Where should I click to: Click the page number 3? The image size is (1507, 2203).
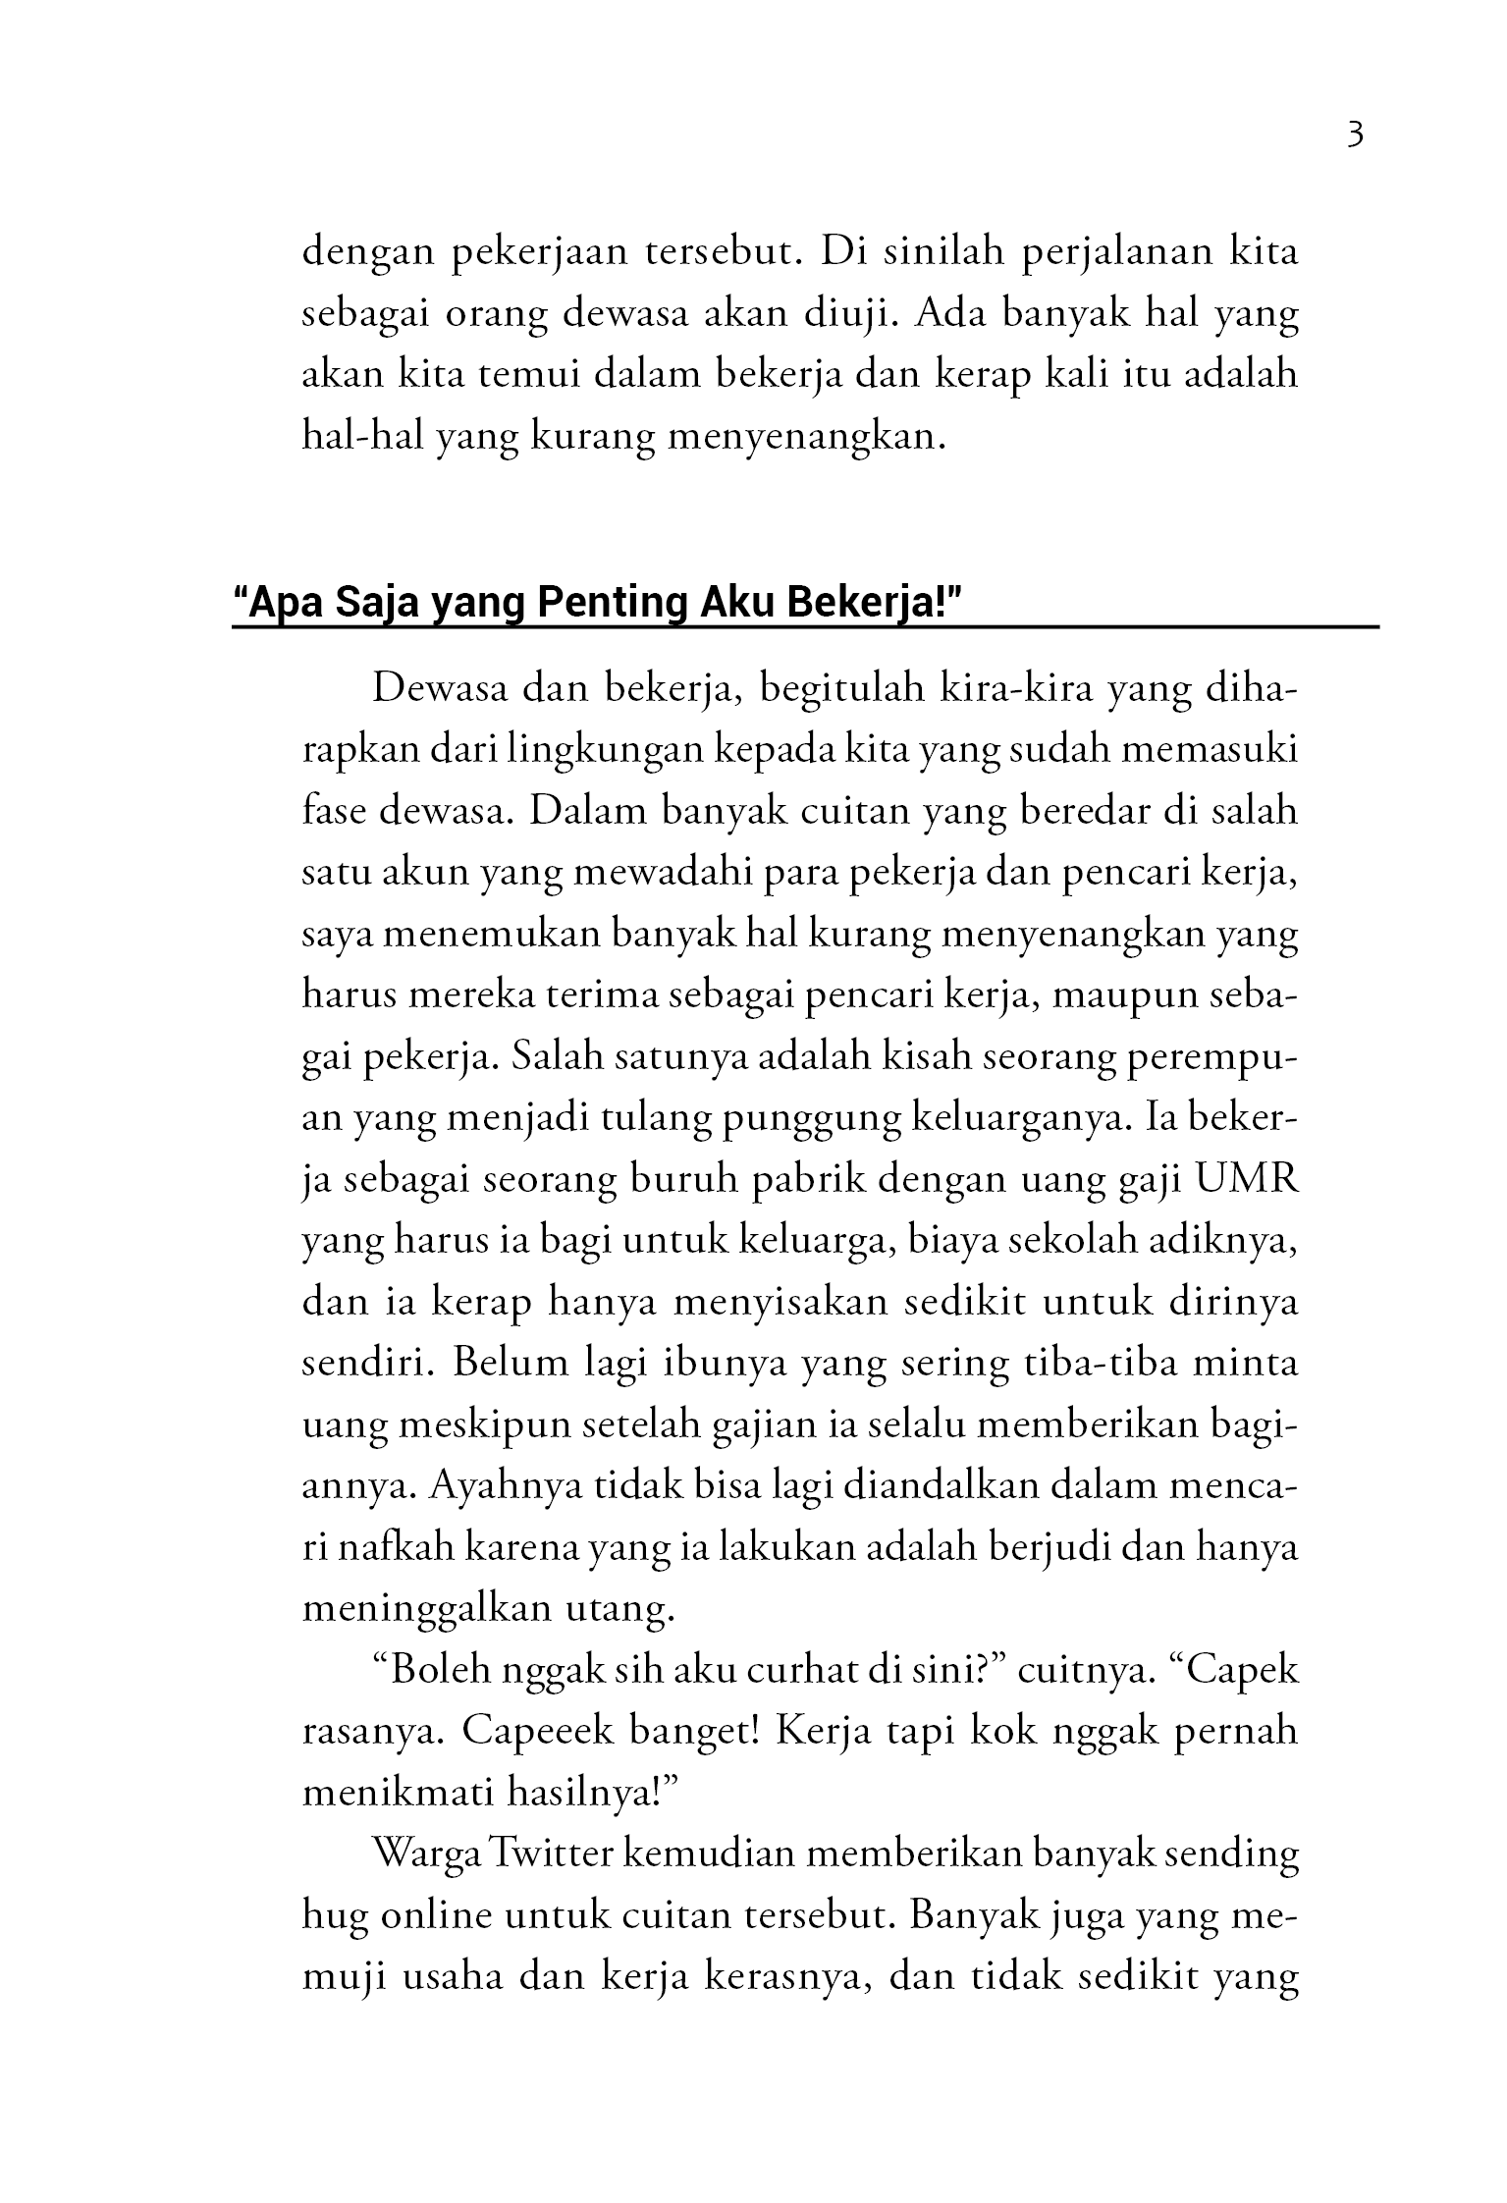coord(1355,134)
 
